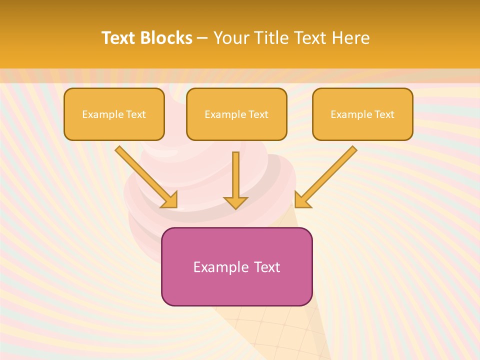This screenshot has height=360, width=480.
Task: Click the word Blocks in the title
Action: tap(166, 38)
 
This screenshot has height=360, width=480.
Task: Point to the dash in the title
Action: tap(202, 38)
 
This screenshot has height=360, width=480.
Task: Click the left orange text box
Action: tap(114, 114)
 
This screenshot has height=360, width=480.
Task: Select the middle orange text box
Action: tap(236, 114)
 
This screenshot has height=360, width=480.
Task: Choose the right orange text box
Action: tap(362, 114)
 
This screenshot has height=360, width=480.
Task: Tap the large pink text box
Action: tap(236, 266)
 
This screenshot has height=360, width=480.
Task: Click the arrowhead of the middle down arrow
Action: tap(235, 202)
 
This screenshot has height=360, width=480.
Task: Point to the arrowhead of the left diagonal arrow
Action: tap(170, 200)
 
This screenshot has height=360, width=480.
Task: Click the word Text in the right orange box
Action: tap(384, 114)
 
